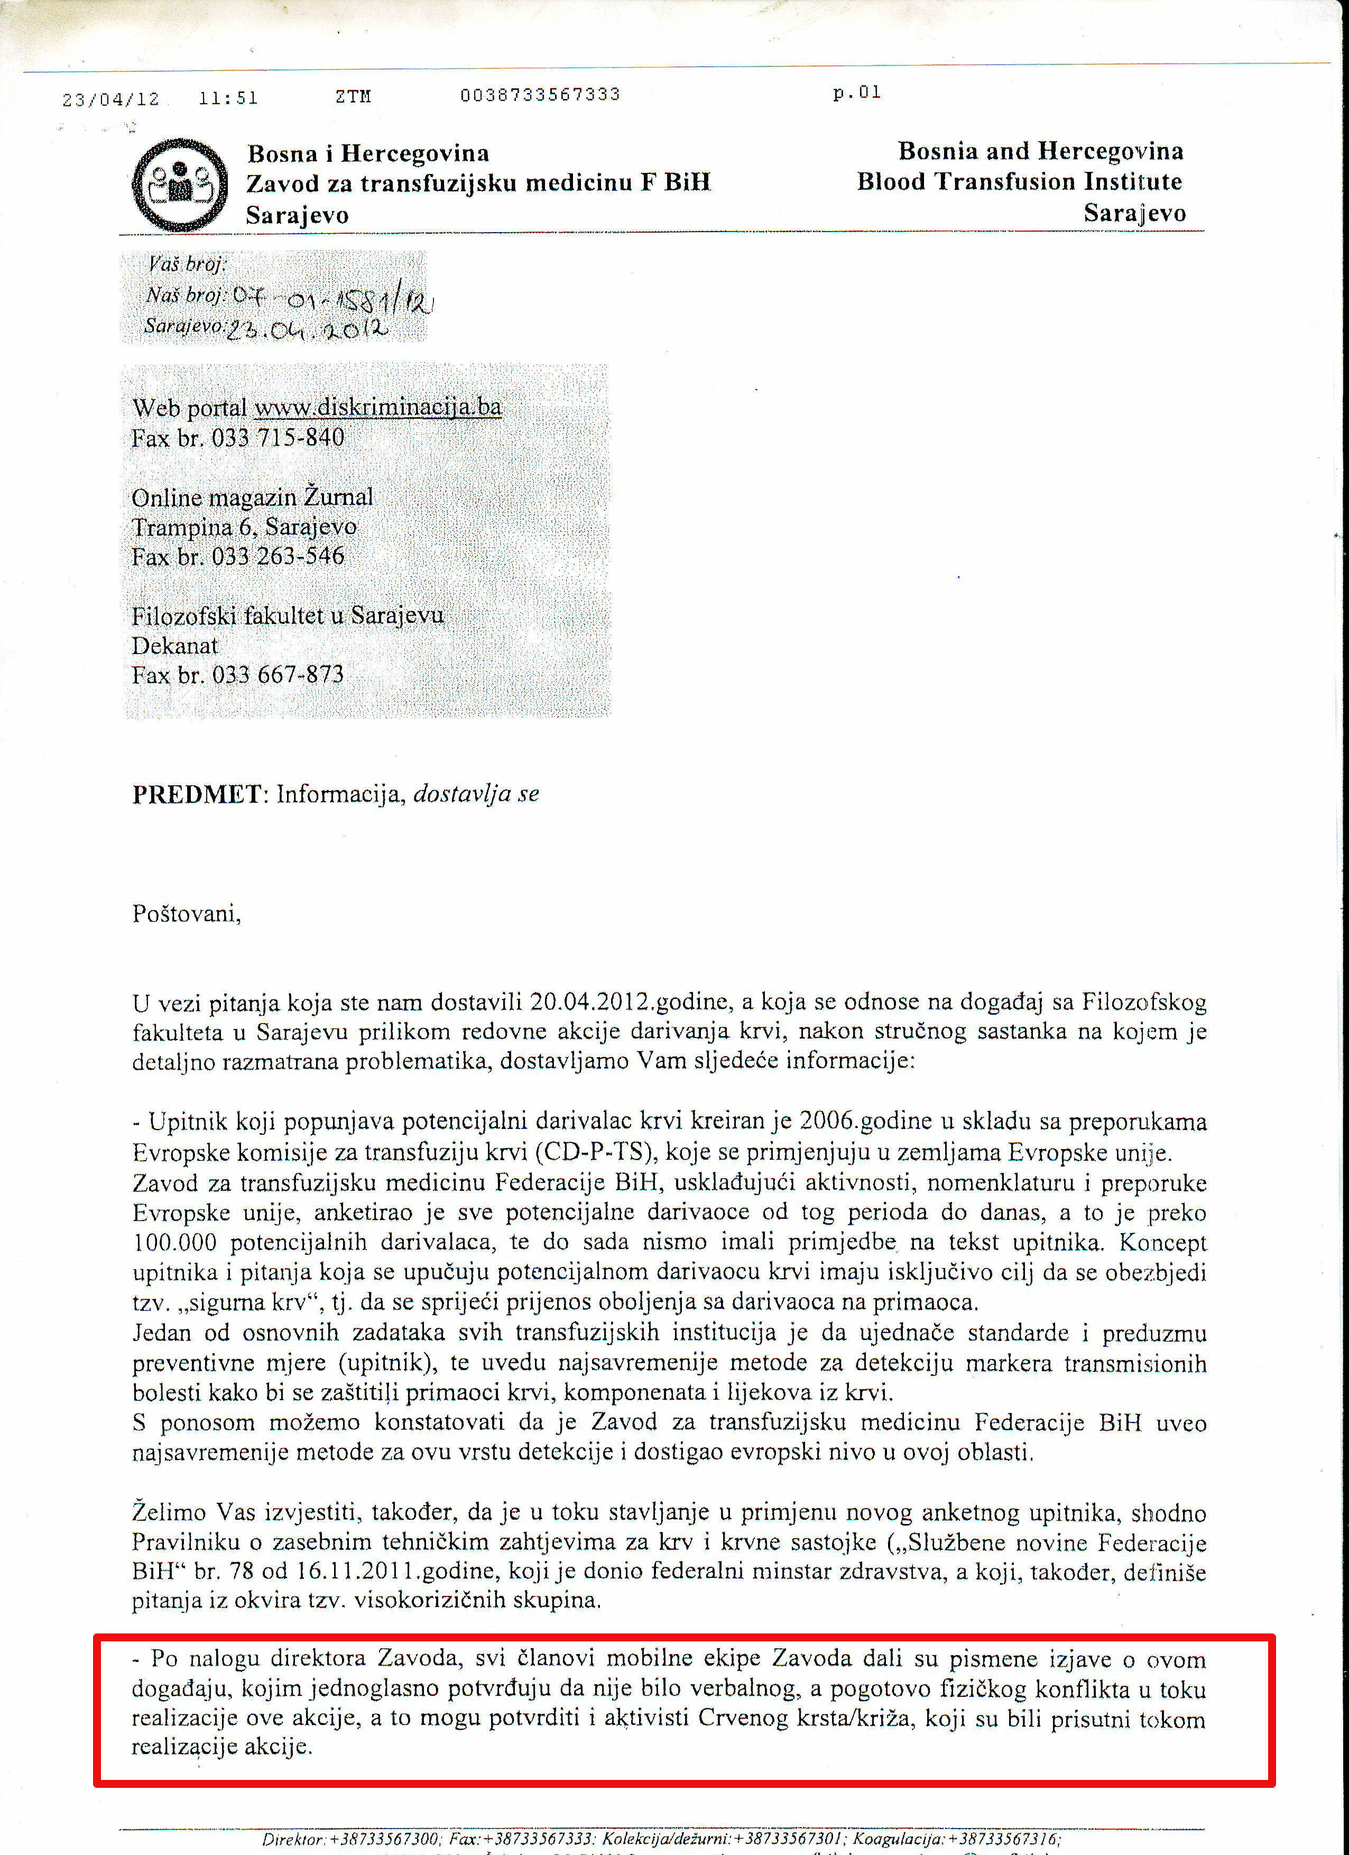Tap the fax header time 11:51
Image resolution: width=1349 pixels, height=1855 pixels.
click(228, 98)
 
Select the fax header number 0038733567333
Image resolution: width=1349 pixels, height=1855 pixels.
click(540, 95)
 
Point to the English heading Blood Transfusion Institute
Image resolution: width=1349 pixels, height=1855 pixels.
click(1019, 181)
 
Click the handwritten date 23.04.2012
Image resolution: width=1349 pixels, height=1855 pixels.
click(307, 329)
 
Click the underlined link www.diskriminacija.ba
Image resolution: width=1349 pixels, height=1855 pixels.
click(378, 407)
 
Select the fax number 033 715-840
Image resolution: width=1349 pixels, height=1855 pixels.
click(278, 438)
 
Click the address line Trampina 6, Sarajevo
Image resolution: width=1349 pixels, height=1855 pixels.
click(244, 527)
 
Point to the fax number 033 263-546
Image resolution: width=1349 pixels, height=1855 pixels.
click(278, 557)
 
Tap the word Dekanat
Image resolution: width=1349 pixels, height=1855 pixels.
click(175, 645)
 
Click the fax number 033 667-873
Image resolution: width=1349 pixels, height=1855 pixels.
click(278, 675)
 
